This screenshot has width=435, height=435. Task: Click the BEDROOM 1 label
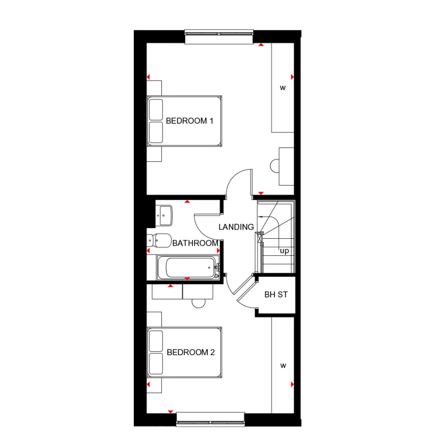tap(189, 121)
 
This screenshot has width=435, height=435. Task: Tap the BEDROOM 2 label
tap(190, 353)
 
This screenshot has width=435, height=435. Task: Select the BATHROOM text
tap(195, 243)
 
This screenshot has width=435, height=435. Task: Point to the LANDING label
tap(236, 227)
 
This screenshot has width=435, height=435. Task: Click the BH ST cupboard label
tap(276, 294)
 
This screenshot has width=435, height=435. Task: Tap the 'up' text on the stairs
tap(284, 251)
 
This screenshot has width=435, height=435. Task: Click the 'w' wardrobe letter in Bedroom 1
tap(283, 88)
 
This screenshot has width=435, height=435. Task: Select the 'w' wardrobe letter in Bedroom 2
tap(283, 366)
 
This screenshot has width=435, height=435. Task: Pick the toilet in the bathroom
tap(159, 240)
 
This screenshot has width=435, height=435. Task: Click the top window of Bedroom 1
tap(219, 38)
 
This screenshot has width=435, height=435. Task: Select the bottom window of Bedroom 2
tap(210, 419)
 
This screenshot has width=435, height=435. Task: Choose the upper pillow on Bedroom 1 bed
tap(156, 109)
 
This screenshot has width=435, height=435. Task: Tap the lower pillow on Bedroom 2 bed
tap(156, 364)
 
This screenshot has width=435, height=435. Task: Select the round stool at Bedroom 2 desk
tap(199, 303)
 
